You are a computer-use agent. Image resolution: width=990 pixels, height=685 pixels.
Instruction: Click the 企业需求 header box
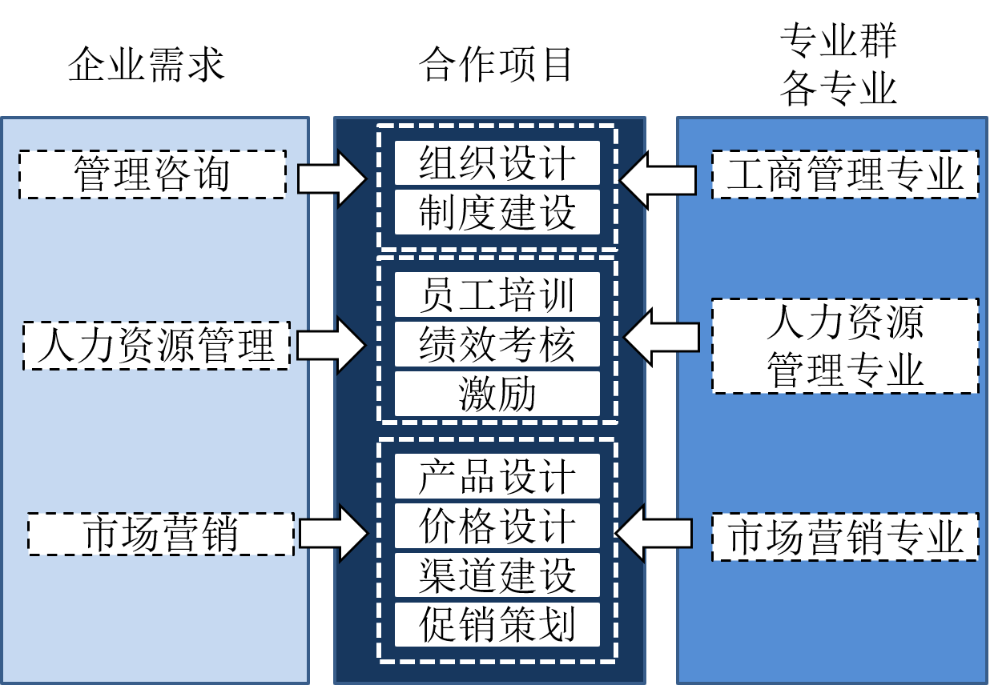(146, 64)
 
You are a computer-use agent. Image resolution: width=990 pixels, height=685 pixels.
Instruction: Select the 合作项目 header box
(497, 64)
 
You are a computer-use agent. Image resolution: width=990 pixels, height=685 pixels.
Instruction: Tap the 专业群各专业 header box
(838, 64)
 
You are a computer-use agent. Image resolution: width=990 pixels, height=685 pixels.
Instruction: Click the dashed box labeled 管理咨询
(152, 174)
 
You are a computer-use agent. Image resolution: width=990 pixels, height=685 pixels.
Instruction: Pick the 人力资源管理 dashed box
(156, 346)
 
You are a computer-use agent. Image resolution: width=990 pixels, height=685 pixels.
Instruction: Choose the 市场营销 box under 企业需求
(160, 535)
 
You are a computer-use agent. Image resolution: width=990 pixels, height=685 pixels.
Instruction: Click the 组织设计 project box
(497, 163)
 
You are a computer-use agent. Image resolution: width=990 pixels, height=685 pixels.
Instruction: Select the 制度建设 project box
(497, 212)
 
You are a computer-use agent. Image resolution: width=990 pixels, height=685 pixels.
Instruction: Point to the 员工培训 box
(497, 294)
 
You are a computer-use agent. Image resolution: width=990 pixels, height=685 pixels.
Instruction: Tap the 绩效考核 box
(497, 344)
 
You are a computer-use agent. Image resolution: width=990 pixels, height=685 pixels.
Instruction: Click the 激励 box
(497, 394)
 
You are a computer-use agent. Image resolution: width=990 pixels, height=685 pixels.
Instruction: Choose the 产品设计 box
(497, 476)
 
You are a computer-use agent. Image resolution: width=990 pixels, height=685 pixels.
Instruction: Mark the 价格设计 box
(497, 526)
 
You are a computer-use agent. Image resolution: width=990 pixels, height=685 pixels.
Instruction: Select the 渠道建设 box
(497, 575)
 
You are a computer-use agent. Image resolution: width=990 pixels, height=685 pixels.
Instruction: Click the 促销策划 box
(497, 624)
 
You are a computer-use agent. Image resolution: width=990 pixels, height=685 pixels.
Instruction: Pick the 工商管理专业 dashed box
(845, 174)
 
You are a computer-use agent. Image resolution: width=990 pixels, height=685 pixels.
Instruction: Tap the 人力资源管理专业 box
(845, 346)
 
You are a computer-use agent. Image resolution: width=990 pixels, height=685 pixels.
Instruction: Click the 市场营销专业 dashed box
(845, 536)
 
